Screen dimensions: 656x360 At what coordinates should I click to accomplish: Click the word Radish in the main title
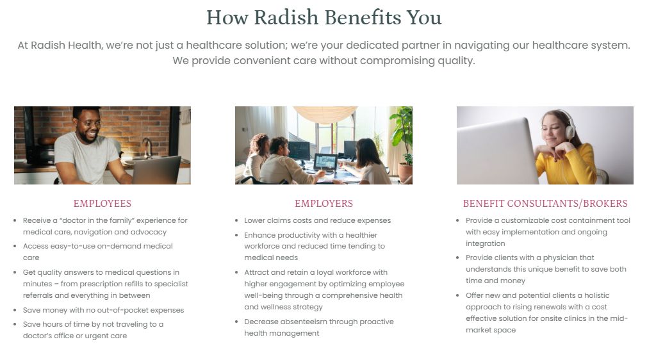click(286, 17)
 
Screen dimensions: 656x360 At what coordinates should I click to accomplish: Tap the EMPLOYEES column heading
click(102, 204)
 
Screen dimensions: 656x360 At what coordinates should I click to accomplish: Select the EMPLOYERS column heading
click(324, 204)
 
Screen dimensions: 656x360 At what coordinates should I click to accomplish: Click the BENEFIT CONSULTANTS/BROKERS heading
click(545, 204)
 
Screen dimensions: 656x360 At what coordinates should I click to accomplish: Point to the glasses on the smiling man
click(91, 124)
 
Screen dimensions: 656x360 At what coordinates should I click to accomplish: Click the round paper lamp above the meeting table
click(325, 114)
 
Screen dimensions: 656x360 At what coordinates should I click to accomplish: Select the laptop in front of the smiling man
click(156, 170)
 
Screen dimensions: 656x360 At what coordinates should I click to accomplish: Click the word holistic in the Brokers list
click(597, 295)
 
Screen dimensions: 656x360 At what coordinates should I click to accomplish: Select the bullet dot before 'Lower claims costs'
click(236, 220)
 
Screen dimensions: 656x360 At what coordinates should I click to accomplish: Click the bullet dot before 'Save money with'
click(15, 310)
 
